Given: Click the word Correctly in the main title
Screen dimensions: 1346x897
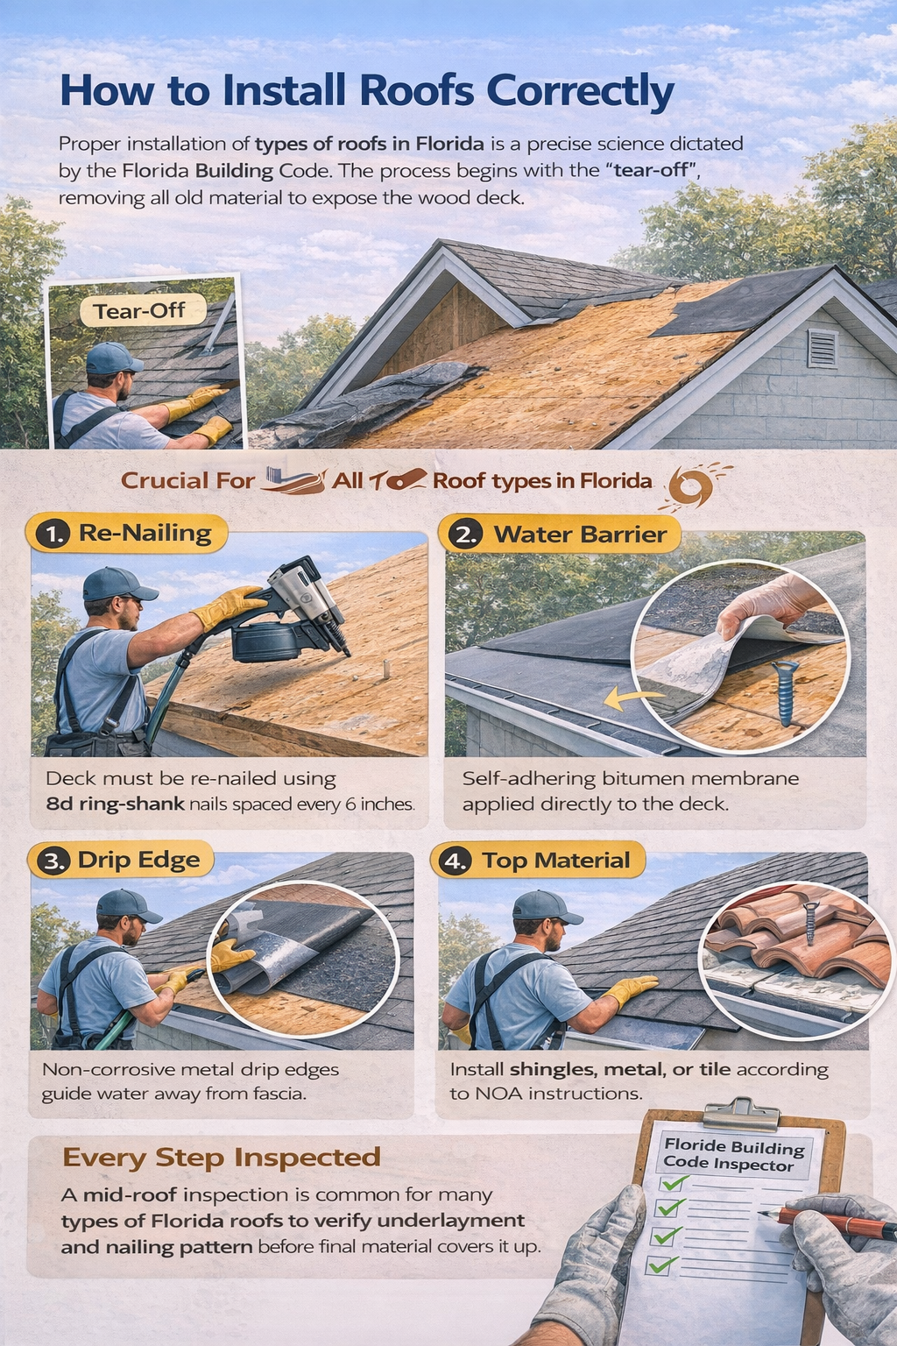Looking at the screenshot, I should tap(580, 91).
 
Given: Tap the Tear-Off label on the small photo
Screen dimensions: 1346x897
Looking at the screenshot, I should tap(139, 311).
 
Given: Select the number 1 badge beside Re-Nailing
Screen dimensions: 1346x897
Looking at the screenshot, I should tap(54, 534).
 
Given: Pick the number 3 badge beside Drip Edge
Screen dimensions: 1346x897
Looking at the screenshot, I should tap(54, 861).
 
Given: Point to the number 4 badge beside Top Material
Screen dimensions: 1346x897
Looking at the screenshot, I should tap(456, 861).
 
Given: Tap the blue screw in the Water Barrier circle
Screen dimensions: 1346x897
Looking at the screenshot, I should tap(784, 692).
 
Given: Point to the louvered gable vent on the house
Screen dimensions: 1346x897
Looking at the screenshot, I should tap(823, 348).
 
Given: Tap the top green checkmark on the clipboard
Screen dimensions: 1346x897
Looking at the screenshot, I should tap(673, 1183).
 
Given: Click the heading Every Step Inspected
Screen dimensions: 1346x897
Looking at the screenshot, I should tap(222, 1158).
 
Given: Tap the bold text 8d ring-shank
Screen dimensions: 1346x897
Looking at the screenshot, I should tap(115, 804).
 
